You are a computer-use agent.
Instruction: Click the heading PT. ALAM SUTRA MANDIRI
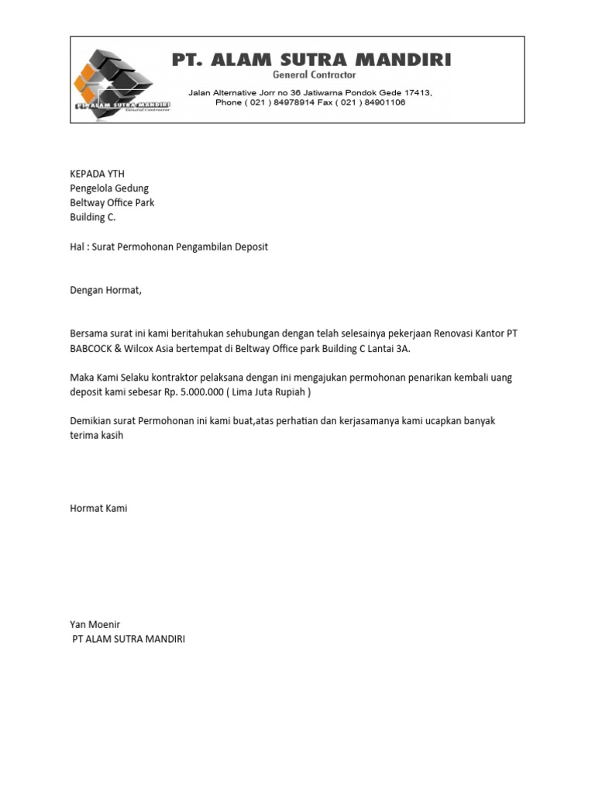point(311,60)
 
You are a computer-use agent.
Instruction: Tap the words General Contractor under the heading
point(315,75)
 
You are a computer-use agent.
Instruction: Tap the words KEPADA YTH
point(97,174)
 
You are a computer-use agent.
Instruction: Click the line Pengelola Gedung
point(109,188)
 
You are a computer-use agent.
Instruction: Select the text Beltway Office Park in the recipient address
point(112,203)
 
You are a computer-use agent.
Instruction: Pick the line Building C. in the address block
point(93,218)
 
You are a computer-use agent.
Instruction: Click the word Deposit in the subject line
point(249,247)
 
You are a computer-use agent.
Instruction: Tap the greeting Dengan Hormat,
point(106,291)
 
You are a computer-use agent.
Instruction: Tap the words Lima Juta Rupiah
point(267,392)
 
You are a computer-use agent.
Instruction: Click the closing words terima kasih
point(97,436)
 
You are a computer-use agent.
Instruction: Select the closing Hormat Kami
point(98,509)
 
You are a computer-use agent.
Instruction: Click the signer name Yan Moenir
point(95,624)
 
